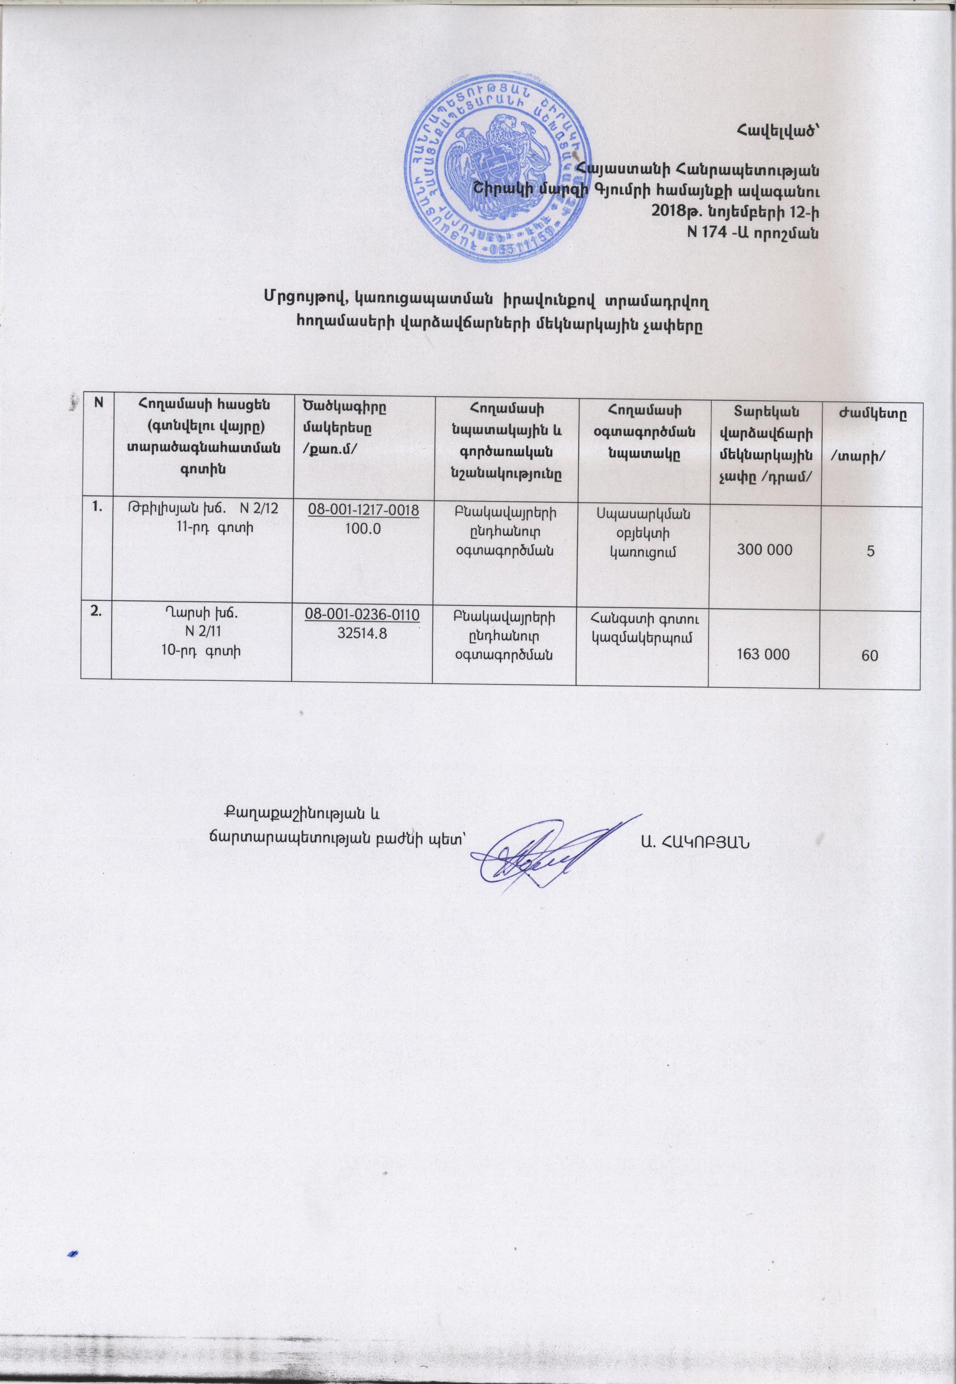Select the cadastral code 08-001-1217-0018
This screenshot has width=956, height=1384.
pos(363,510)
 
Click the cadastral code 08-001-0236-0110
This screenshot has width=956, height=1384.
pos(363,614)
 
